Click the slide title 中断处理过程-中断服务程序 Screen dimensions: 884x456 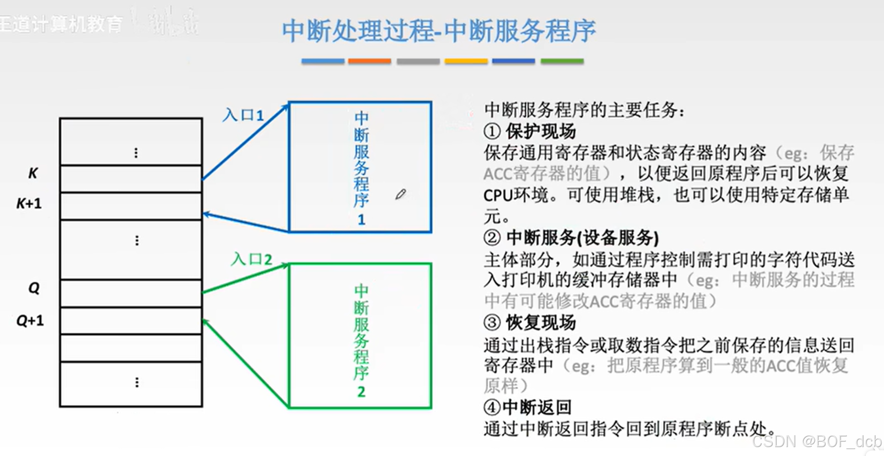[438, 31]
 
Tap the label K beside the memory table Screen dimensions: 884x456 [33, 173]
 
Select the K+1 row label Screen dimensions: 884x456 [29, 203]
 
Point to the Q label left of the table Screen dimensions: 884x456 [34, 288]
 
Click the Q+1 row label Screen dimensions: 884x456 [30, 320]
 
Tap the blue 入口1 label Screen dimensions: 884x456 [243, 115]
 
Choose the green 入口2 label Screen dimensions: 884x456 [251, 259]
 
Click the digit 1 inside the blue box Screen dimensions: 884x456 [361, 220]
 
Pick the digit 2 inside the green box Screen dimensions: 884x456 [361, 392]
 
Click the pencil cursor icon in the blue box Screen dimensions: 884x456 [400, 194]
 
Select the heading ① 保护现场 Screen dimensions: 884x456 [530, 132]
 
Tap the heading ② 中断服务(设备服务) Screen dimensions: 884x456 [571, 238]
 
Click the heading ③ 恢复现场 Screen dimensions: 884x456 [530, 322]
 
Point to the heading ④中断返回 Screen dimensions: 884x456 [527, 408]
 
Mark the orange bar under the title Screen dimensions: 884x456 [370, 61]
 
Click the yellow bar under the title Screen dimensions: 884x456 [466, 61]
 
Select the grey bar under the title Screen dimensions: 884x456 [418, 61]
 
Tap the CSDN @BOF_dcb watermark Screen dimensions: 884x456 [817, 441]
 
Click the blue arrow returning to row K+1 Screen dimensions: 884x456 [246, 222]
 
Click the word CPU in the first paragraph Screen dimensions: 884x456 [498, 196]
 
